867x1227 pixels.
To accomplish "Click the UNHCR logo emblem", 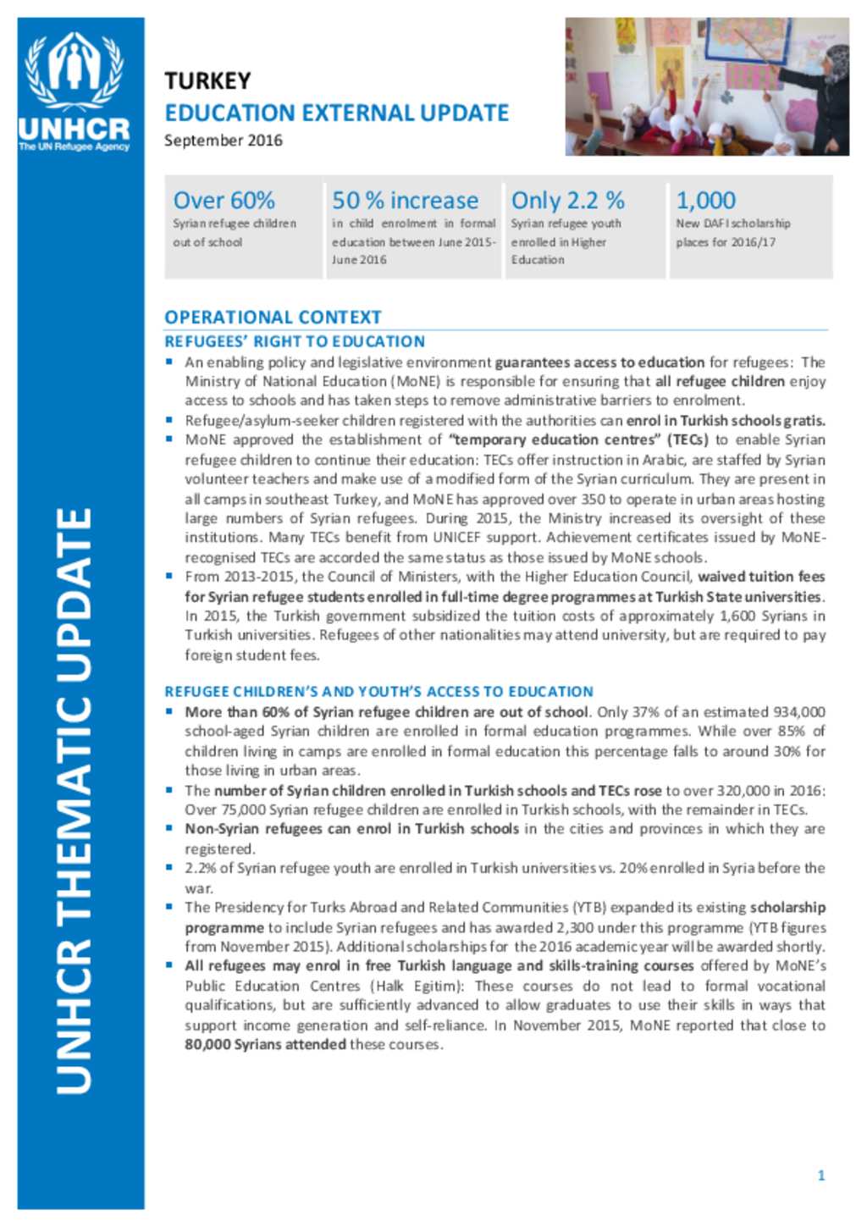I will coord(75,71).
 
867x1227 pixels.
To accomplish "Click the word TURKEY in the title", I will coord(207,81).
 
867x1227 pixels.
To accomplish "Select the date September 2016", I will coord(224,141).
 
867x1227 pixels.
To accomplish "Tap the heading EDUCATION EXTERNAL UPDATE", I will coord(336,113).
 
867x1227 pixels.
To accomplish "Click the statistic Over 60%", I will coord(224,201).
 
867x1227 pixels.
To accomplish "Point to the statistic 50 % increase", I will coord(405,201).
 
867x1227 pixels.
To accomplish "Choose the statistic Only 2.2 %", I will coord(567,201).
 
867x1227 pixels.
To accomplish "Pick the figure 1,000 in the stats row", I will coord(705,201).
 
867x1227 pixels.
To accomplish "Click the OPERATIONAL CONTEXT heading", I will coord(273,318).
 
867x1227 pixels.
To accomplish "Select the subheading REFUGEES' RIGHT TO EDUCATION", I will coord(295,341).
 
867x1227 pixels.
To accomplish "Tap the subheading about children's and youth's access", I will coord(378,691).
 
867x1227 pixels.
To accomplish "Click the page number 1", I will coord(820,1175).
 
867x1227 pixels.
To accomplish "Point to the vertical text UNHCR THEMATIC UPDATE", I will coord(74,800).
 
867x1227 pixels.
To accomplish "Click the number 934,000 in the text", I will coord(798,712).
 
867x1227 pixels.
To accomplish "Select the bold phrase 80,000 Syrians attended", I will coord(265,1044).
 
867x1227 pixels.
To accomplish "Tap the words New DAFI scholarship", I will coord(732,224).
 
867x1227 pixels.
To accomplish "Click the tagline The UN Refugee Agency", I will coord(75,146).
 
